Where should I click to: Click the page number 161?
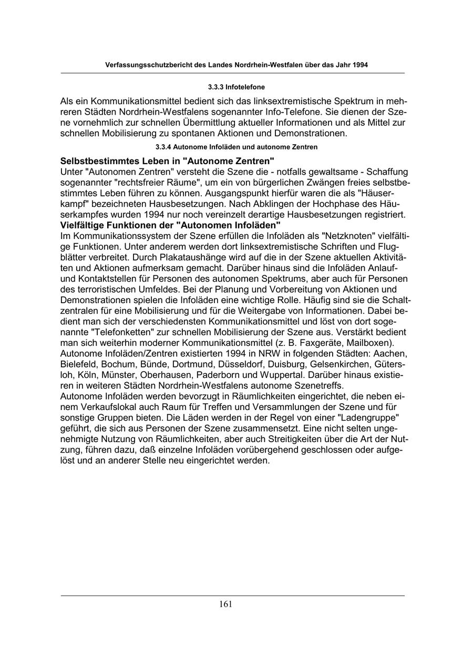pyautogui.click(x=225, y=604)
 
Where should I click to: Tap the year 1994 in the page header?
pyautogui.click(x=358, y=65)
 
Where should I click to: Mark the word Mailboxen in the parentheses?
pyautogui.click(x=373, y=342)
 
